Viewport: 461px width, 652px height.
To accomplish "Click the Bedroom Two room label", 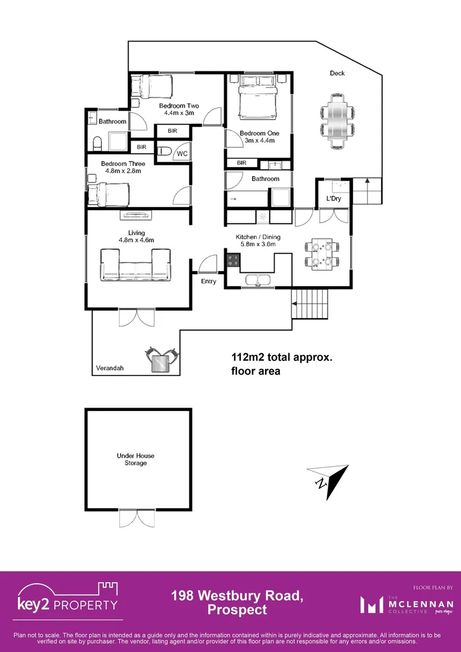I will coord(179,105).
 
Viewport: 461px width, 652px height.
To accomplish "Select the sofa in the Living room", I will coord(135,265).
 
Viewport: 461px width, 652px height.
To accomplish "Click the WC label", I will coord(182,154).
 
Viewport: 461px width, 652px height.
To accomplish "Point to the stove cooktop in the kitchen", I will coord(233,261).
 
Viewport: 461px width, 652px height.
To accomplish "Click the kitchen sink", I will coord(257,280).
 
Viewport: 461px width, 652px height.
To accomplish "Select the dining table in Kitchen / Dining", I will coord(319,254).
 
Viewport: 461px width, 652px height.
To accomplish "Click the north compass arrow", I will coord(329,480).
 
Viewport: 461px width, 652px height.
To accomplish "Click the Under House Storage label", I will coord(132,459).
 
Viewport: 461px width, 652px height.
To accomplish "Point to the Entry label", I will coord(208,281).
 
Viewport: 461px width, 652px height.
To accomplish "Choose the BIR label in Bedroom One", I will coord(241,163).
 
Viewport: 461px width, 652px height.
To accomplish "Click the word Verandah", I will coord(109,368).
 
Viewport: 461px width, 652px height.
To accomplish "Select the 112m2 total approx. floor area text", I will coord(282,364).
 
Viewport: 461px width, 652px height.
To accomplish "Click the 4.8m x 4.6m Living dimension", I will coord(136,240).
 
